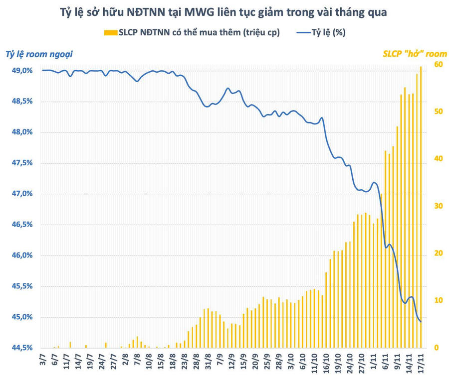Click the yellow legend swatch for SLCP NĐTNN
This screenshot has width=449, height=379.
pos(110,33)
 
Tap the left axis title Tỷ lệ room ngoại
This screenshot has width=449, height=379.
pos(42,54)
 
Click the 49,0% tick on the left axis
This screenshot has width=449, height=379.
pos(21,71)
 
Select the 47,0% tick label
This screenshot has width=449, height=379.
pos(21,194)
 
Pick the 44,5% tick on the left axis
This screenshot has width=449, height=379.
pos(21,348)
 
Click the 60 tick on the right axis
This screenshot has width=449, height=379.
pos(438,64)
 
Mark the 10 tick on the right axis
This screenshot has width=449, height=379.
pos(438,300)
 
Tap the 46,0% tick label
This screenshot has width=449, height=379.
pos(21,255)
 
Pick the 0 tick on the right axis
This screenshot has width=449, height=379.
pos(436,348)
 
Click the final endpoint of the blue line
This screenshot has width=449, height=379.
pos(421,322)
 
